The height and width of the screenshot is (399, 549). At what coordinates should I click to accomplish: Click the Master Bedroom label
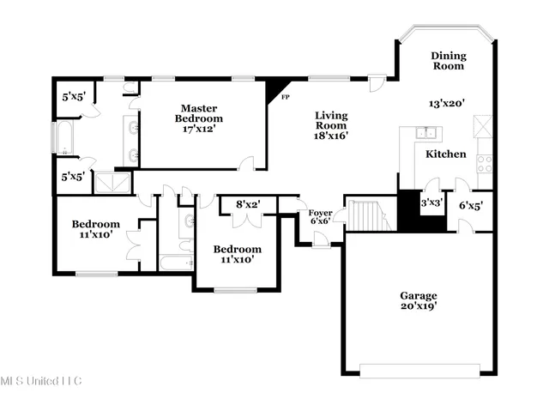coord(198,118)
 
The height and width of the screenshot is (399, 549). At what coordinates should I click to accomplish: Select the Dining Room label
coord(447,59)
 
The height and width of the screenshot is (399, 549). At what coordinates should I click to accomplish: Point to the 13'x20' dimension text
coord(446,103)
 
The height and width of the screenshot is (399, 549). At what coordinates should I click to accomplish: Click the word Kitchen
coord(446,154)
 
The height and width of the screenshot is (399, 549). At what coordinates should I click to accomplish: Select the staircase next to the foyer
coord(368,215)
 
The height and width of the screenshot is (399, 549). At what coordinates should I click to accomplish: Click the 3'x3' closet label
coord(431,203)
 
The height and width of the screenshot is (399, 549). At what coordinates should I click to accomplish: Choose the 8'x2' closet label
coord(248,204)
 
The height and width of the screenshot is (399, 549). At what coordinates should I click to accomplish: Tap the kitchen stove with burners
coord(483,161)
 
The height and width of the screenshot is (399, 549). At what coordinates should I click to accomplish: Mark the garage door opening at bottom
coord(418,371)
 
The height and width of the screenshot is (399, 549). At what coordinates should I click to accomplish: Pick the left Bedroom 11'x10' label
coord(95,229)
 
